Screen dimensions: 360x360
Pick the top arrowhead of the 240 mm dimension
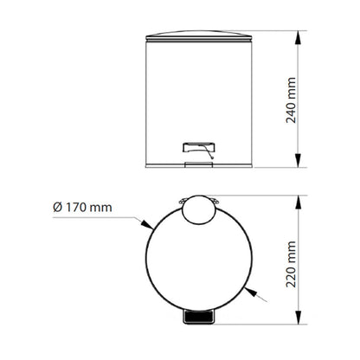pos(299,37)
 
